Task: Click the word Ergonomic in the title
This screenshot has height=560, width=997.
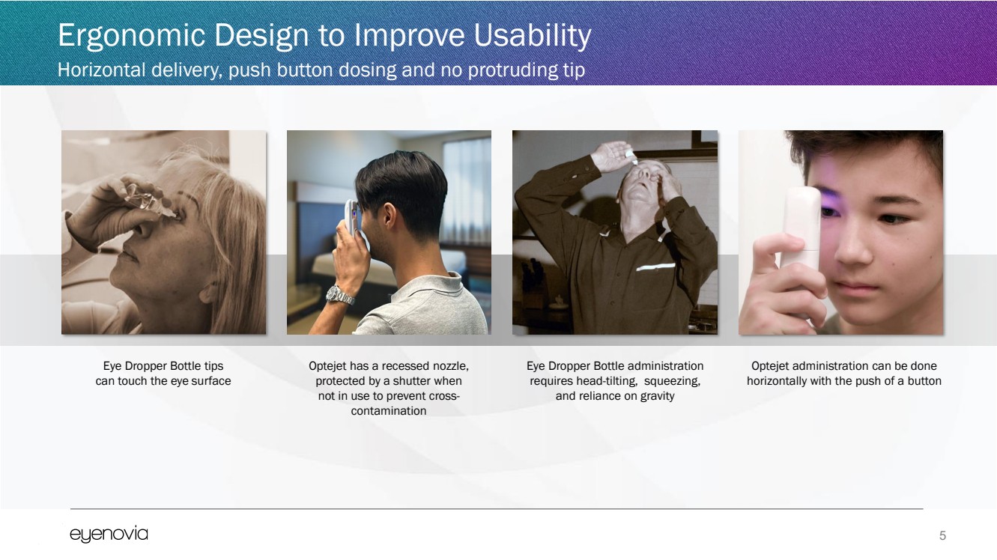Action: click(x=131, y=36)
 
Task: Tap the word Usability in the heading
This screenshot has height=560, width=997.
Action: click(x=533, y=36)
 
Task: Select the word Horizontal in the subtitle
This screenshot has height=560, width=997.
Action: click(x=101, y=70)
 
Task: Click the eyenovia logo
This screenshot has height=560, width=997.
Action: click(x=109, y=535)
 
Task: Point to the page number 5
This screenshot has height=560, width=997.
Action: click(x=942, y=535)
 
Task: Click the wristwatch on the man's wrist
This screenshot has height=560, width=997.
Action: click(x=340, y=295)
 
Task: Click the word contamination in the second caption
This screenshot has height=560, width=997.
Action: click(x=389, y=411)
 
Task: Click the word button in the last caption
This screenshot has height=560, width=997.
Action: click(x=924, y=381)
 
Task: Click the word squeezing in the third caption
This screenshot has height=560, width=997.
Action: click(x=672, y=382)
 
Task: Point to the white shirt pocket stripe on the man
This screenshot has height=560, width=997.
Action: click(x=655, y=267)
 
